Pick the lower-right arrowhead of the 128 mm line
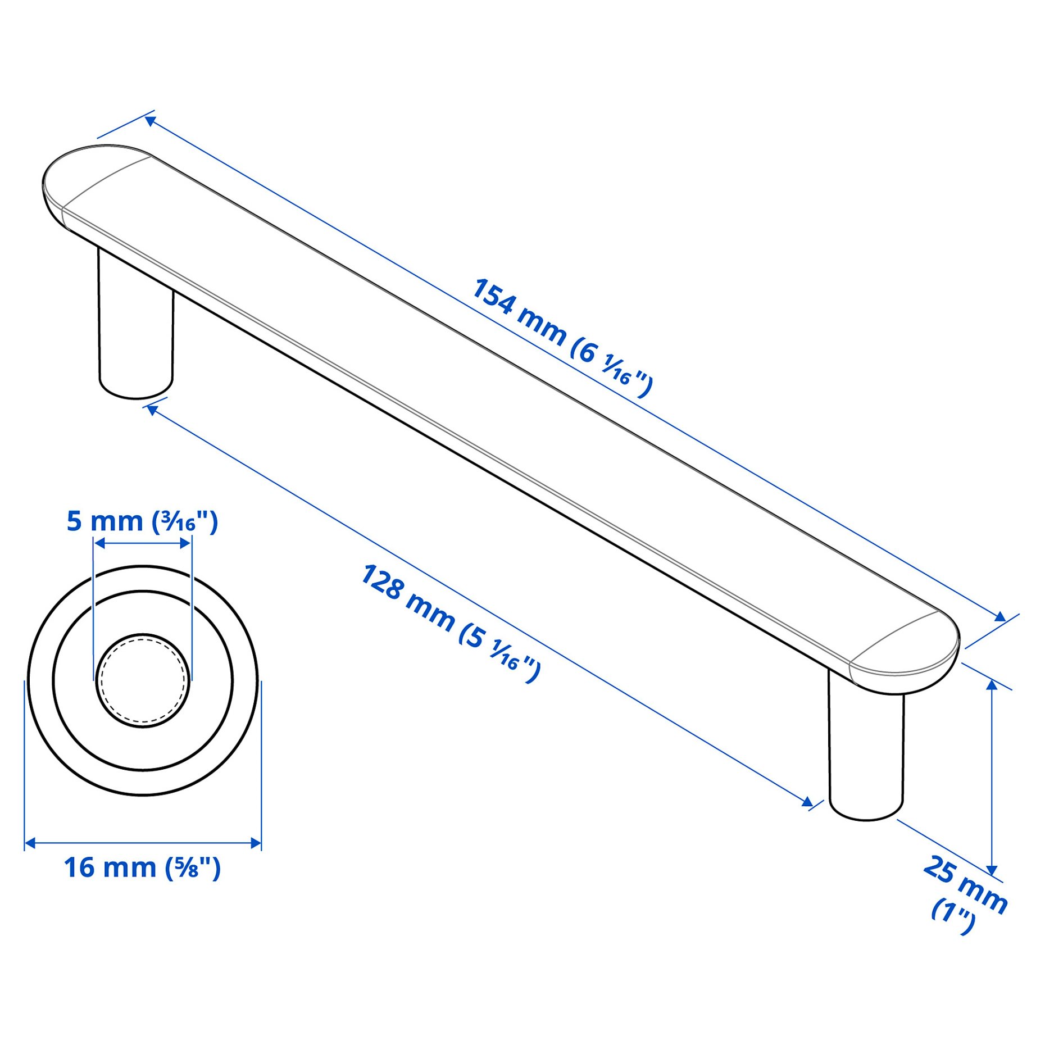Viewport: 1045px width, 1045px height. (807, 802)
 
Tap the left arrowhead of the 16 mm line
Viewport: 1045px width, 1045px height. (30, 843)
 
